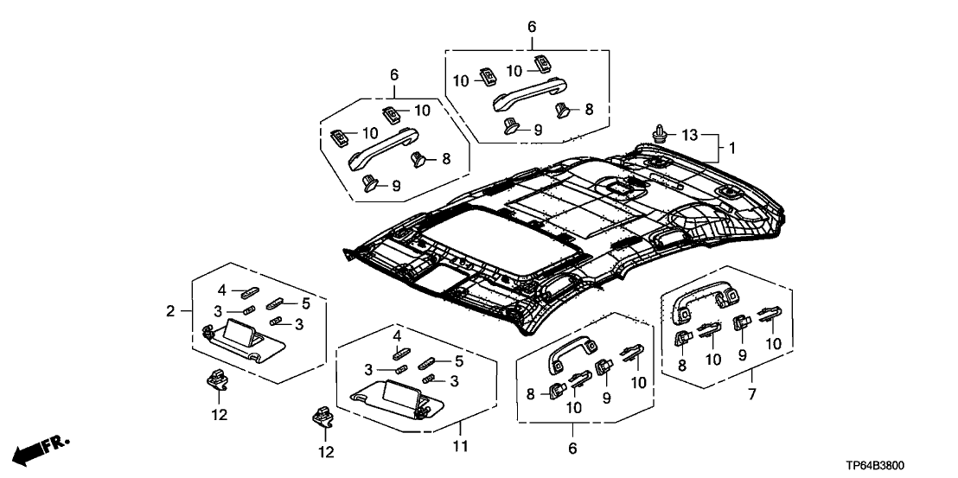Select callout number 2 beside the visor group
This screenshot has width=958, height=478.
(x=172, y=310)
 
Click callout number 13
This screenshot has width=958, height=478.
(x=689, y=136)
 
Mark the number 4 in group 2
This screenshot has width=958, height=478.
(x=221, y=289)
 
